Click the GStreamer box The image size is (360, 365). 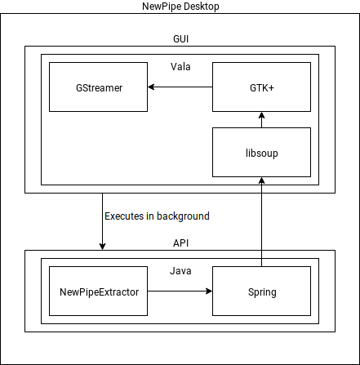(98, 87)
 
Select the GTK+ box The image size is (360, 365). (261, 87)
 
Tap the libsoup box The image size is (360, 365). (261, 153)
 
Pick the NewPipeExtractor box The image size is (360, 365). (98, 292)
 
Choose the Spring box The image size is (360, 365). (261, 292)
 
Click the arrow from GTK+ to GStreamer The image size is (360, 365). (180, 87)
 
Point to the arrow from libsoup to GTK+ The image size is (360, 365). (261, 119)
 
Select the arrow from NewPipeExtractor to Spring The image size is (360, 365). (180, 292)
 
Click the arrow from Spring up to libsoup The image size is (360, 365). (261, 220)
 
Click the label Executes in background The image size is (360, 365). (157, 216)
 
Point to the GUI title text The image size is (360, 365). (180, 38)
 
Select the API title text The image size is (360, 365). (180, 243)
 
